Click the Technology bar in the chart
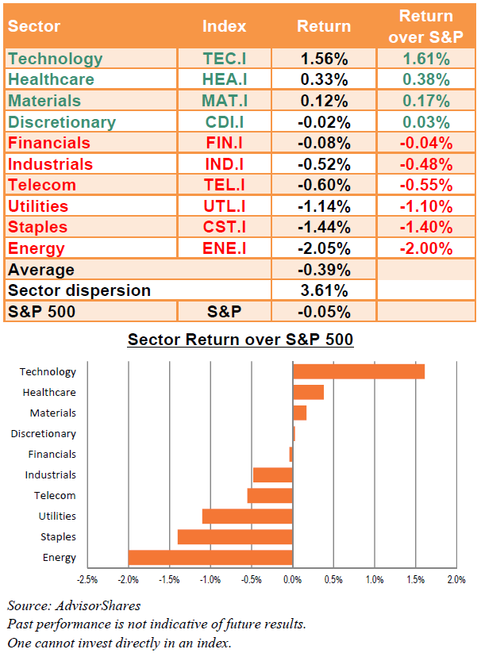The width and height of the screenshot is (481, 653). (359, 371)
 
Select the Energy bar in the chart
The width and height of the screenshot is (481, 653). (210, 557)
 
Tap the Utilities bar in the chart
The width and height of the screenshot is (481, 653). (248, 516)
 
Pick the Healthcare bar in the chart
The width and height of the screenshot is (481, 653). (308, 392)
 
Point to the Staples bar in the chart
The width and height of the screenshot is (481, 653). (235, 537)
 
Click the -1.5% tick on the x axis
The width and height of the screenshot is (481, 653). (169, 580)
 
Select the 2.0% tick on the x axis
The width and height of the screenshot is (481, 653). (456, 580)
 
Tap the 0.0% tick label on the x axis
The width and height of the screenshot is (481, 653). (292, 580)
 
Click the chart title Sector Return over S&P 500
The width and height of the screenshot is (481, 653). (240, 340)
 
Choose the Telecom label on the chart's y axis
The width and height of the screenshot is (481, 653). (55, 496)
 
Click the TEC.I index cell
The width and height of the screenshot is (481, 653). (225, 59)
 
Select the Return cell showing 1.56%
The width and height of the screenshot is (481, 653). (324, 59)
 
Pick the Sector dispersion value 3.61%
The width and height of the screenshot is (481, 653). (324, 290)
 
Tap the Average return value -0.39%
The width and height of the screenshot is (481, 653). (324, 270)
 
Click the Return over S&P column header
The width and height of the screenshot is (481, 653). (425, 26)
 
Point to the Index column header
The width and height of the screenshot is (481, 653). (225, 26)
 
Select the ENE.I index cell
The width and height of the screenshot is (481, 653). (225, 248)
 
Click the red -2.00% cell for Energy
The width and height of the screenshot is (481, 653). (426, 248)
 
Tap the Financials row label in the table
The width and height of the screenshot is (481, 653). (49, 143)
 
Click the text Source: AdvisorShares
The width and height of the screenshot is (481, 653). (74, 605)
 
